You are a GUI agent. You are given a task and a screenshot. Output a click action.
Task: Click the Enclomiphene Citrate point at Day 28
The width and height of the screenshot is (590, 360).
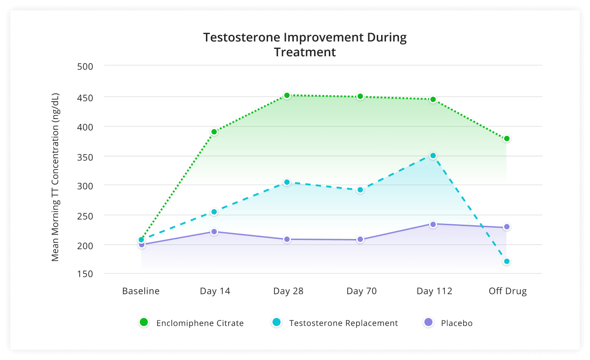287,95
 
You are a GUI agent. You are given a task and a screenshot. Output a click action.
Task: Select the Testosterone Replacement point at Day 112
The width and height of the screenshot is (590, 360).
433,156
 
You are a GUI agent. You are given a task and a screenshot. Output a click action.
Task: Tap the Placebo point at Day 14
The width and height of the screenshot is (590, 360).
214,232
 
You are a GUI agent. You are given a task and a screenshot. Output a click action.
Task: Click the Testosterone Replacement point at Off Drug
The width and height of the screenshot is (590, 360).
507,261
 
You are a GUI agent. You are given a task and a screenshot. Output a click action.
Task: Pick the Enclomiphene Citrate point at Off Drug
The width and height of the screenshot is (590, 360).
507,139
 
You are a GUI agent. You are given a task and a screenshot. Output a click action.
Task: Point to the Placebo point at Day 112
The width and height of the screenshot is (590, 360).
433,224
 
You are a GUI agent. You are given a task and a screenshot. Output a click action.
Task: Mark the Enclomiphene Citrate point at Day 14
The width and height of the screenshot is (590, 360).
214,132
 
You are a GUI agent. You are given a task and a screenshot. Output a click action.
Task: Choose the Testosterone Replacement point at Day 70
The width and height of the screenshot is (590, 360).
360,190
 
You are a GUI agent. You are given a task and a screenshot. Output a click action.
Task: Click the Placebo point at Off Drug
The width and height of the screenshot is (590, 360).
507,227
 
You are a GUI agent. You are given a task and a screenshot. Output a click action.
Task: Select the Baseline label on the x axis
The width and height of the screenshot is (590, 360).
141,291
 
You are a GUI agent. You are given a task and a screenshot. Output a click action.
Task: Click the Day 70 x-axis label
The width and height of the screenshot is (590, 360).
361,291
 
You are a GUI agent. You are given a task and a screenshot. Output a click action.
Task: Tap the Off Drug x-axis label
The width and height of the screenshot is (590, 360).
508,291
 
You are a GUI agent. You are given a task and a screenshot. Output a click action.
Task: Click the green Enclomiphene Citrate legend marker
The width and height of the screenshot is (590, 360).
144,322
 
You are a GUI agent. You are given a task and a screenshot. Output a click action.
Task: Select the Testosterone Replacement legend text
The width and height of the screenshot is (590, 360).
343,323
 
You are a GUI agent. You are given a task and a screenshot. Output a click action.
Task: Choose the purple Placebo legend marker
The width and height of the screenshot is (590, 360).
429,322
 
